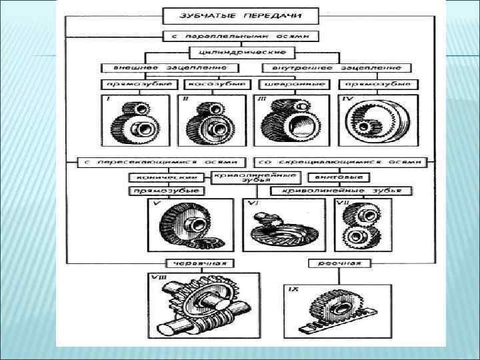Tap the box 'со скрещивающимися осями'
click(339, 162)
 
